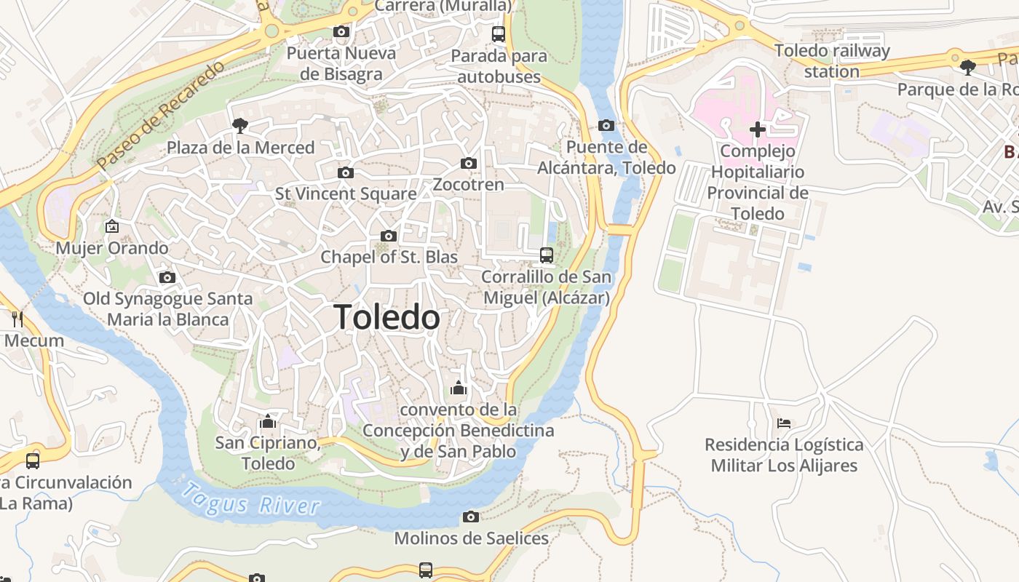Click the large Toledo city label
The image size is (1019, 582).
386,318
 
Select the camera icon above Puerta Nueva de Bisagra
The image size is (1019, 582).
341,31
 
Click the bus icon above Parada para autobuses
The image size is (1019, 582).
499,33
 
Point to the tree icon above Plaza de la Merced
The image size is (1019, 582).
239,126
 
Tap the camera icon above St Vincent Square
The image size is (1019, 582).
346,172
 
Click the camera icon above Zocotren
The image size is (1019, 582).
469,163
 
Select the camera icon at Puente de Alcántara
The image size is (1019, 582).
606,125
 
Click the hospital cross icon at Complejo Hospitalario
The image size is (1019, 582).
758,129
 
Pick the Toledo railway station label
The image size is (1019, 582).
832,61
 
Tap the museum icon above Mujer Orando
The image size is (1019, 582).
112,226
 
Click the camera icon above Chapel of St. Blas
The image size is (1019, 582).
389,236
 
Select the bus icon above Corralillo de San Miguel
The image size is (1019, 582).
547,255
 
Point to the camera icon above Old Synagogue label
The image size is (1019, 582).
167,277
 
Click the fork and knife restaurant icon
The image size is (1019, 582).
17,319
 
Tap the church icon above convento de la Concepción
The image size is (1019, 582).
458,388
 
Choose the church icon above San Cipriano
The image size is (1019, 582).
267,421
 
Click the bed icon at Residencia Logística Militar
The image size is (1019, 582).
784,423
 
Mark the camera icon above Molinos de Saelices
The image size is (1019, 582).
471,517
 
